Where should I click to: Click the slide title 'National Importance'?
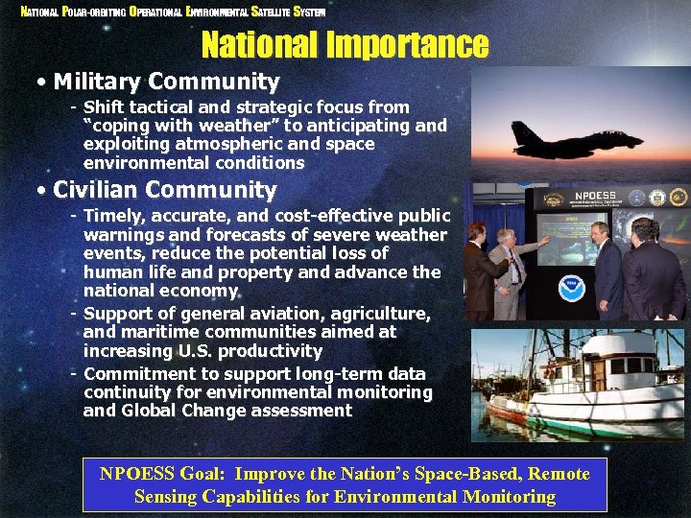click(x=345, y=44)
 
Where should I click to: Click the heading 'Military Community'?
click(x=166, y=82)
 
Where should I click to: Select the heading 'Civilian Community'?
click(x=164, y=191)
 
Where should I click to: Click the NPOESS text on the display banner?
click(x=595, y=195)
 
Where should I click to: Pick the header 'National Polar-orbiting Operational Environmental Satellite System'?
click(x=174, y=12)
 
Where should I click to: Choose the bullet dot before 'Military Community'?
click(x=41, y=83)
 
